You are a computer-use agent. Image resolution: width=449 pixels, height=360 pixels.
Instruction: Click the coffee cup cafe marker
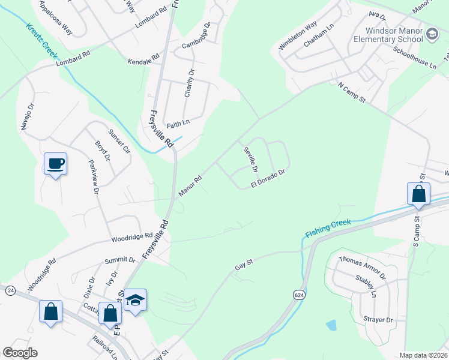coord(55,164)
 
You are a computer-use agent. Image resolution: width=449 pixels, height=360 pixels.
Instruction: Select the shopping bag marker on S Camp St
coord(418,194)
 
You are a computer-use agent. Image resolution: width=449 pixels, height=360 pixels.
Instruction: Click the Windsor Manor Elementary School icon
coord(432,35)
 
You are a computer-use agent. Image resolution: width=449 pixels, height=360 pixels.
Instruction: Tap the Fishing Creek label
coord(327,228)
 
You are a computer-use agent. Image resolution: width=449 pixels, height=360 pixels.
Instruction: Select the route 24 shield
coord(10,290)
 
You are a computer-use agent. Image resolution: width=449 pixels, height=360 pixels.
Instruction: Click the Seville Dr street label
coord(251,160)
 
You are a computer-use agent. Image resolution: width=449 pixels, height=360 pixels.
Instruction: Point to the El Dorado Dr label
coord(267,178)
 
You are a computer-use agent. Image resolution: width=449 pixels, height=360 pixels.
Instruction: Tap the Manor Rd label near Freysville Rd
coord(190,185)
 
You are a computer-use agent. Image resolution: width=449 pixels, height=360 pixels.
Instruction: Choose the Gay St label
coord(245,262)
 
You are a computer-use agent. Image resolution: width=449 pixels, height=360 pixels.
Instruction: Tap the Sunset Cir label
coord(119,142)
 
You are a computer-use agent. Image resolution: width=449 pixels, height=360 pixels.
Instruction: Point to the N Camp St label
coord(352,92)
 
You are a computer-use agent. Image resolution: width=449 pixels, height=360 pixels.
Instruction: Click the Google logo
coord(20,353)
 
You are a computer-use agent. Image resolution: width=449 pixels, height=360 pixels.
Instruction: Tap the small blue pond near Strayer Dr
coord(331,325)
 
